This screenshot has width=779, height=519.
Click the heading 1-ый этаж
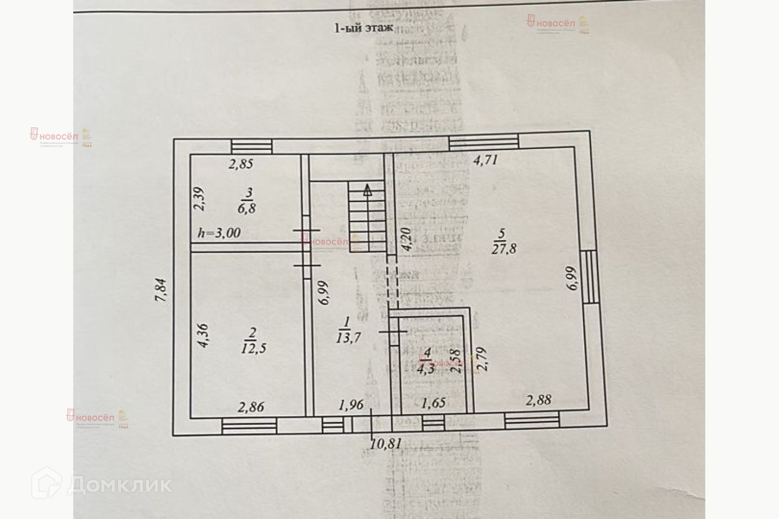click(x=363, y=28)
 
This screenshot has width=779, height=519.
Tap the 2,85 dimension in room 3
click(x=241, y=165)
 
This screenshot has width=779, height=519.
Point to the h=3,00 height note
click(x=219, y=233)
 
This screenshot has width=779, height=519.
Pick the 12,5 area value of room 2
click(x=254, y=348)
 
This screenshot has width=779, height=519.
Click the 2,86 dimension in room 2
click(x=251, y=407)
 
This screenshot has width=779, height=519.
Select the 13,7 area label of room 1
click(x=348, y=337)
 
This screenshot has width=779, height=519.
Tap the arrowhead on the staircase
click(x=368, y=189)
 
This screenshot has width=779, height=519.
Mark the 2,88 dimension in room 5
click(x=538, y=400)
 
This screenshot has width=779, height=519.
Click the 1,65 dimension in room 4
click(x=433, y=403)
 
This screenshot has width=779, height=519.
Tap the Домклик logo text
click(x=119, y=485)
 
